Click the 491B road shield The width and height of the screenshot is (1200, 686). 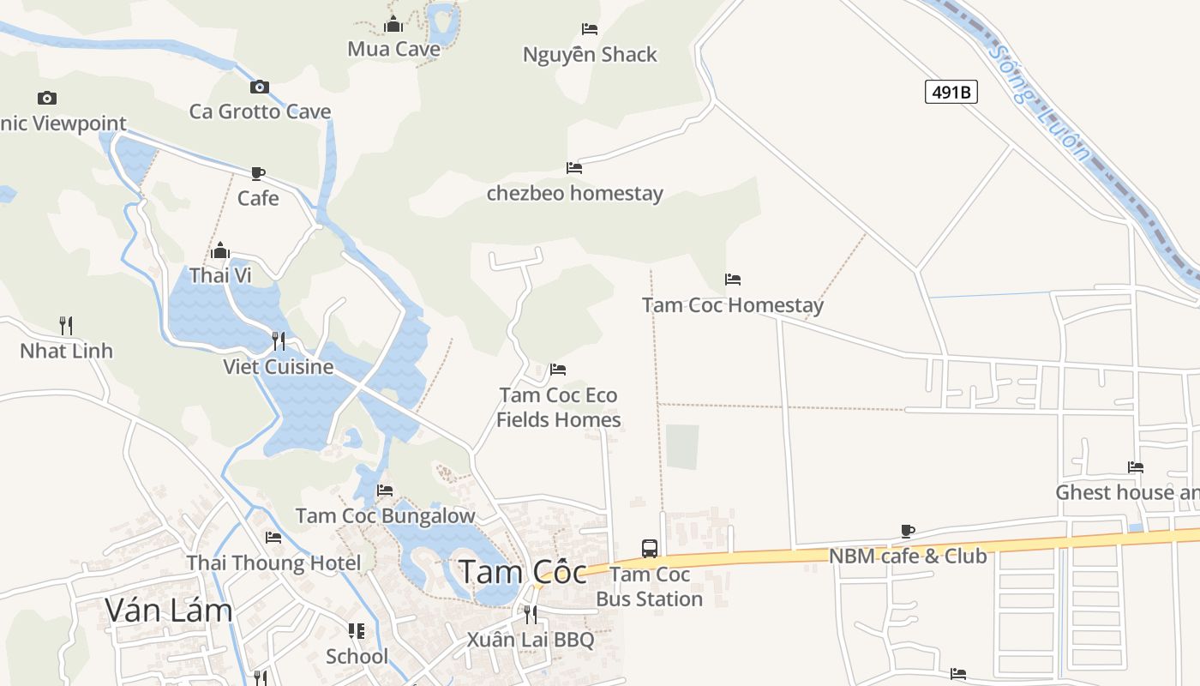[x=951, y=92]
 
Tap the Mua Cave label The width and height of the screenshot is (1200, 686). [x=393, y=49]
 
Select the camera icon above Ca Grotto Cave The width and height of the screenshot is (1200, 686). [x=260, y=87]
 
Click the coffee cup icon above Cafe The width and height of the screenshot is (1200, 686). [x=258, y=174]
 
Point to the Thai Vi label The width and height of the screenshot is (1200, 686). [x=220, y=275]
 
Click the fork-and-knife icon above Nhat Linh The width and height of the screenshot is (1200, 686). [x=66, y=325]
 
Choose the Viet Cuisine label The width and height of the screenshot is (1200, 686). [x=279, y=367]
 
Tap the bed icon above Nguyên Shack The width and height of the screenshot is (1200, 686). [x=590, y=29]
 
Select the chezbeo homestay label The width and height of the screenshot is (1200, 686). [x=575, y=194]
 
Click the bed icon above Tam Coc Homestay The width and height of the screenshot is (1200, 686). [x=733, y=280]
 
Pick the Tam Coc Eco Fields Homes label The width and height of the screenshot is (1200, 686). [x=559, y=407]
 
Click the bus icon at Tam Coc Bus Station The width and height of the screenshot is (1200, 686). [x=650, y=548]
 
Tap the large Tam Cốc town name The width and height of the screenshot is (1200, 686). [x=523, y=572]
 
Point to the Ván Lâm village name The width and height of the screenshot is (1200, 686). [x=169, y=610]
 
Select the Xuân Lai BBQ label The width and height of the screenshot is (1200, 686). [x=531, y=640]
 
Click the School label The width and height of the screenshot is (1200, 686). [x=357, y=657]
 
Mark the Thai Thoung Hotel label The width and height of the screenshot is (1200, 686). [x=274, y=563]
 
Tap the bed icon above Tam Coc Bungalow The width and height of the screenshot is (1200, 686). [x=385, y=490]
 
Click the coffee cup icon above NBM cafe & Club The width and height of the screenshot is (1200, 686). [x=908, y=531]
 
